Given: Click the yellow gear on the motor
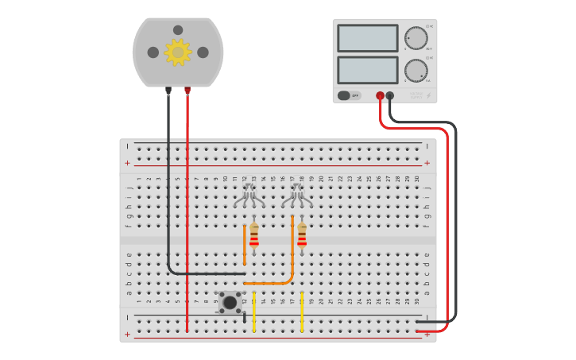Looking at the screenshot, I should pyautogui.click(x=178, y=52).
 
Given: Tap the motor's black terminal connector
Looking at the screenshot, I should pyautogui.click(x=168, y=91).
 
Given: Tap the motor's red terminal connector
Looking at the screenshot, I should pyautogui.click(x=187, y=91).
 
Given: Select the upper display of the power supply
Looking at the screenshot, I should pyautogui.click(x=367, y=38).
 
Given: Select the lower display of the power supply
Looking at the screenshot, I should pyautogui.click(x=367, y=70).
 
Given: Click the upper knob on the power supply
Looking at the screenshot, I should pyautogui.click(x=416, y=38).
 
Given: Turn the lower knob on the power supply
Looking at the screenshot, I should pyautogui.click(x=416, y=70).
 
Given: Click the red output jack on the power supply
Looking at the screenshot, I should pyautogui.click(x=381, y=95).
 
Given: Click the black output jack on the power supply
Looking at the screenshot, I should pyautogui.click(x=390, y=95).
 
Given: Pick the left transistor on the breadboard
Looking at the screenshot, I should pyautogui.click(x=249, y=195).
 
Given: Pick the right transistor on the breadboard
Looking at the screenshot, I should pyautogui.click(x=297, y=195).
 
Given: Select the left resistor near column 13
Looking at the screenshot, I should pyautogui.click(x=254, y=235).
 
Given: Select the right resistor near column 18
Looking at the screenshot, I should pyautogui.click(x=302, y=235).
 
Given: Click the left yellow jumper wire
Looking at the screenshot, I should pyautogui.click(x=254, y=312).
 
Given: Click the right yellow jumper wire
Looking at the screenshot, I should pyautogui.click(x=302, y=312).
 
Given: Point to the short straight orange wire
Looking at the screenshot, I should pyautogui.click(x=245, y=245).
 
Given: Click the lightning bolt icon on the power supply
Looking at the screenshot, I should pyautogui.click(x=429, y=95).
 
